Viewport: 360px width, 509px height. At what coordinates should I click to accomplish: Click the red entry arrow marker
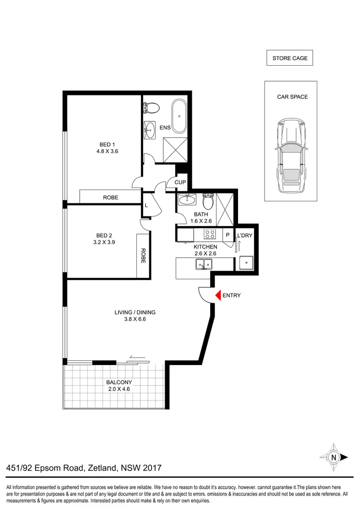[217, 296]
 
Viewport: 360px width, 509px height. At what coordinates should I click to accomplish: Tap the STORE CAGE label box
[289, 58]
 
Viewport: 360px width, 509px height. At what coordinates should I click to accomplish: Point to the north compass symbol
[333, 457]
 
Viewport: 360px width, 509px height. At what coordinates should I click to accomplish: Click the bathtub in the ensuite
[180, 117]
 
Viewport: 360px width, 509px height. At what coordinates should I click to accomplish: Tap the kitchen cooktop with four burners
[210, 235]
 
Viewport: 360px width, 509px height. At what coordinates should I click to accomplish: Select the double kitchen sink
[204, 264]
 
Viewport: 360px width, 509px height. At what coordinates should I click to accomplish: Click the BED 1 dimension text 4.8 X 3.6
[107, 151]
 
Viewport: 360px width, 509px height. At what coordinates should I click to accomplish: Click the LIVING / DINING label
[135, 312]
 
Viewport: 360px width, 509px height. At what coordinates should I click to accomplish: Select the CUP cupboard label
[180, 183]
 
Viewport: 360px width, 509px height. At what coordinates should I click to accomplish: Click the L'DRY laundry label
[244, 236]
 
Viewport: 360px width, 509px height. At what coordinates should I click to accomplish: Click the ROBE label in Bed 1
[110, 197]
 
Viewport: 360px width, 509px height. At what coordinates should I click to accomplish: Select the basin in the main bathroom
[185, 199]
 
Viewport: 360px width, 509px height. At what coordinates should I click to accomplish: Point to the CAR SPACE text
[292, 96]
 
